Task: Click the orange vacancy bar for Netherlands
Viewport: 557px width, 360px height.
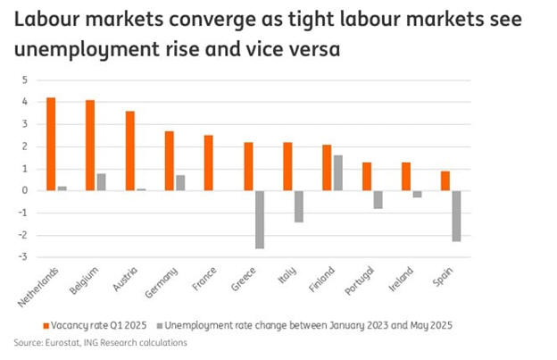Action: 51,144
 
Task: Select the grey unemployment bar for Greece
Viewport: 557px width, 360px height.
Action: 260,219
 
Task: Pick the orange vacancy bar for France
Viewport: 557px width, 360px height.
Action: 208,163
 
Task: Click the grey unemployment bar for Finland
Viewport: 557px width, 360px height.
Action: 338,172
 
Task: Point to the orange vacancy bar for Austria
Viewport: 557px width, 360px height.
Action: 129,150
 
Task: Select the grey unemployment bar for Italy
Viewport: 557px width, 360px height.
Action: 299,205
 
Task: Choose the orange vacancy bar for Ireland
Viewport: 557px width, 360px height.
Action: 405,176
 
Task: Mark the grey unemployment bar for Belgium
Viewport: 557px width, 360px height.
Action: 102,181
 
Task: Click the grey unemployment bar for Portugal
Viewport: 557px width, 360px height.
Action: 378,199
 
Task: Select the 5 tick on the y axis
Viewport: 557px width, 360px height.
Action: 25,80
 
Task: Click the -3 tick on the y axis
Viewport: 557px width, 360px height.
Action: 23,257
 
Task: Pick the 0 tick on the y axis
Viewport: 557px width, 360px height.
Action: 25,190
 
